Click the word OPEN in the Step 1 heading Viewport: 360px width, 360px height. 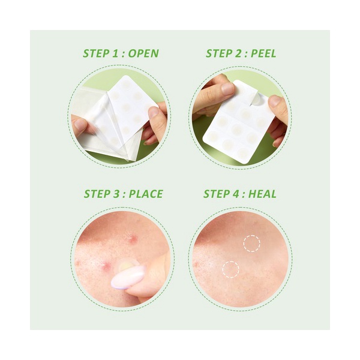click(x=143, y=53)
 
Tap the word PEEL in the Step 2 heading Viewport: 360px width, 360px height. click(x=263, y=53)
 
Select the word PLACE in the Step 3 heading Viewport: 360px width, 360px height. click(x=146, y=194)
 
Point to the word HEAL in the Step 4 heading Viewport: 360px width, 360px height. click(x=262, y=194)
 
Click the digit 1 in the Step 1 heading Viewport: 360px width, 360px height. click(x=115, y=53)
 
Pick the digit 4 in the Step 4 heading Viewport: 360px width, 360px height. click(x=236, y=194)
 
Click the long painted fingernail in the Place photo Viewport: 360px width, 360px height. click(x=127, y=278)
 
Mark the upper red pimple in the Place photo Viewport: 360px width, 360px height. click(x=133, y=239)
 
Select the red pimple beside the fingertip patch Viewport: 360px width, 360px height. click(x=106, y=266)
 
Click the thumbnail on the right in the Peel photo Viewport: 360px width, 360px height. click(x=275, y=101)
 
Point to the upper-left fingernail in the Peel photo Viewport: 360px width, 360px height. click(x=227, y=89)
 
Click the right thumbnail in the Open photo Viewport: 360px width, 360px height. click(x=153, y=112)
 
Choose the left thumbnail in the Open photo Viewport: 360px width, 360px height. click(x=80, y=125)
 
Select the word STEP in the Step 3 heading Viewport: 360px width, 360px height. click(x=96, y=194)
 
